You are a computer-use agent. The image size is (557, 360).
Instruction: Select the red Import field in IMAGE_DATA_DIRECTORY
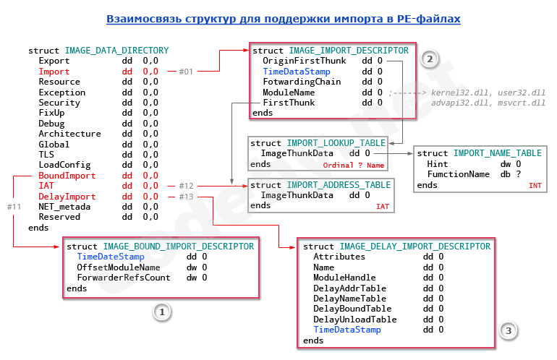point(54,72)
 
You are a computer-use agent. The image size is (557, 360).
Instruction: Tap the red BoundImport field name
point(67,176)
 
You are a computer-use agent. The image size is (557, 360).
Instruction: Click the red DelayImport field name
point(67,197)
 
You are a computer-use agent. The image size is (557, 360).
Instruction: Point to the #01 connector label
point(187,72)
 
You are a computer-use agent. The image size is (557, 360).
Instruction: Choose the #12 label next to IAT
point(187,186)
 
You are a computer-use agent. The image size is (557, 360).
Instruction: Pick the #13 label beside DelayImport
point(187,197)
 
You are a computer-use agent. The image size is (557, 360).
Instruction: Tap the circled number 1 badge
point(162,312)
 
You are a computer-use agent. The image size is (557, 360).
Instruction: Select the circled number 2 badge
point(430,59)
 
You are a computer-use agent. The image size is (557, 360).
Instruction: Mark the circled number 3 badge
point(509,330)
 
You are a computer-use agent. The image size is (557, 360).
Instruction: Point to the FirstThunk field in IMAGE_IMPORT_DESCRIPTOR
point(289,103)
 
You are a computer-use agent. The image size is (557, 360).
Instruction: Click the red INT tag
point(535,186)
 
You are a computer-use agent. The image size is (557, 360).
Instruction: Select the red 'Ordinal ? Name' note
point(354,166)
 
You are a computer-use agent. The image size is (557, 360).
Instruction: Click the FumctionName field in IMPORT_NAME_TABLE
point(459,174)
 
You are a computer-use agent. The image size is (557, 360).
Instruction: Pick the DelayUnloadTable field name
point(355,319)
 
